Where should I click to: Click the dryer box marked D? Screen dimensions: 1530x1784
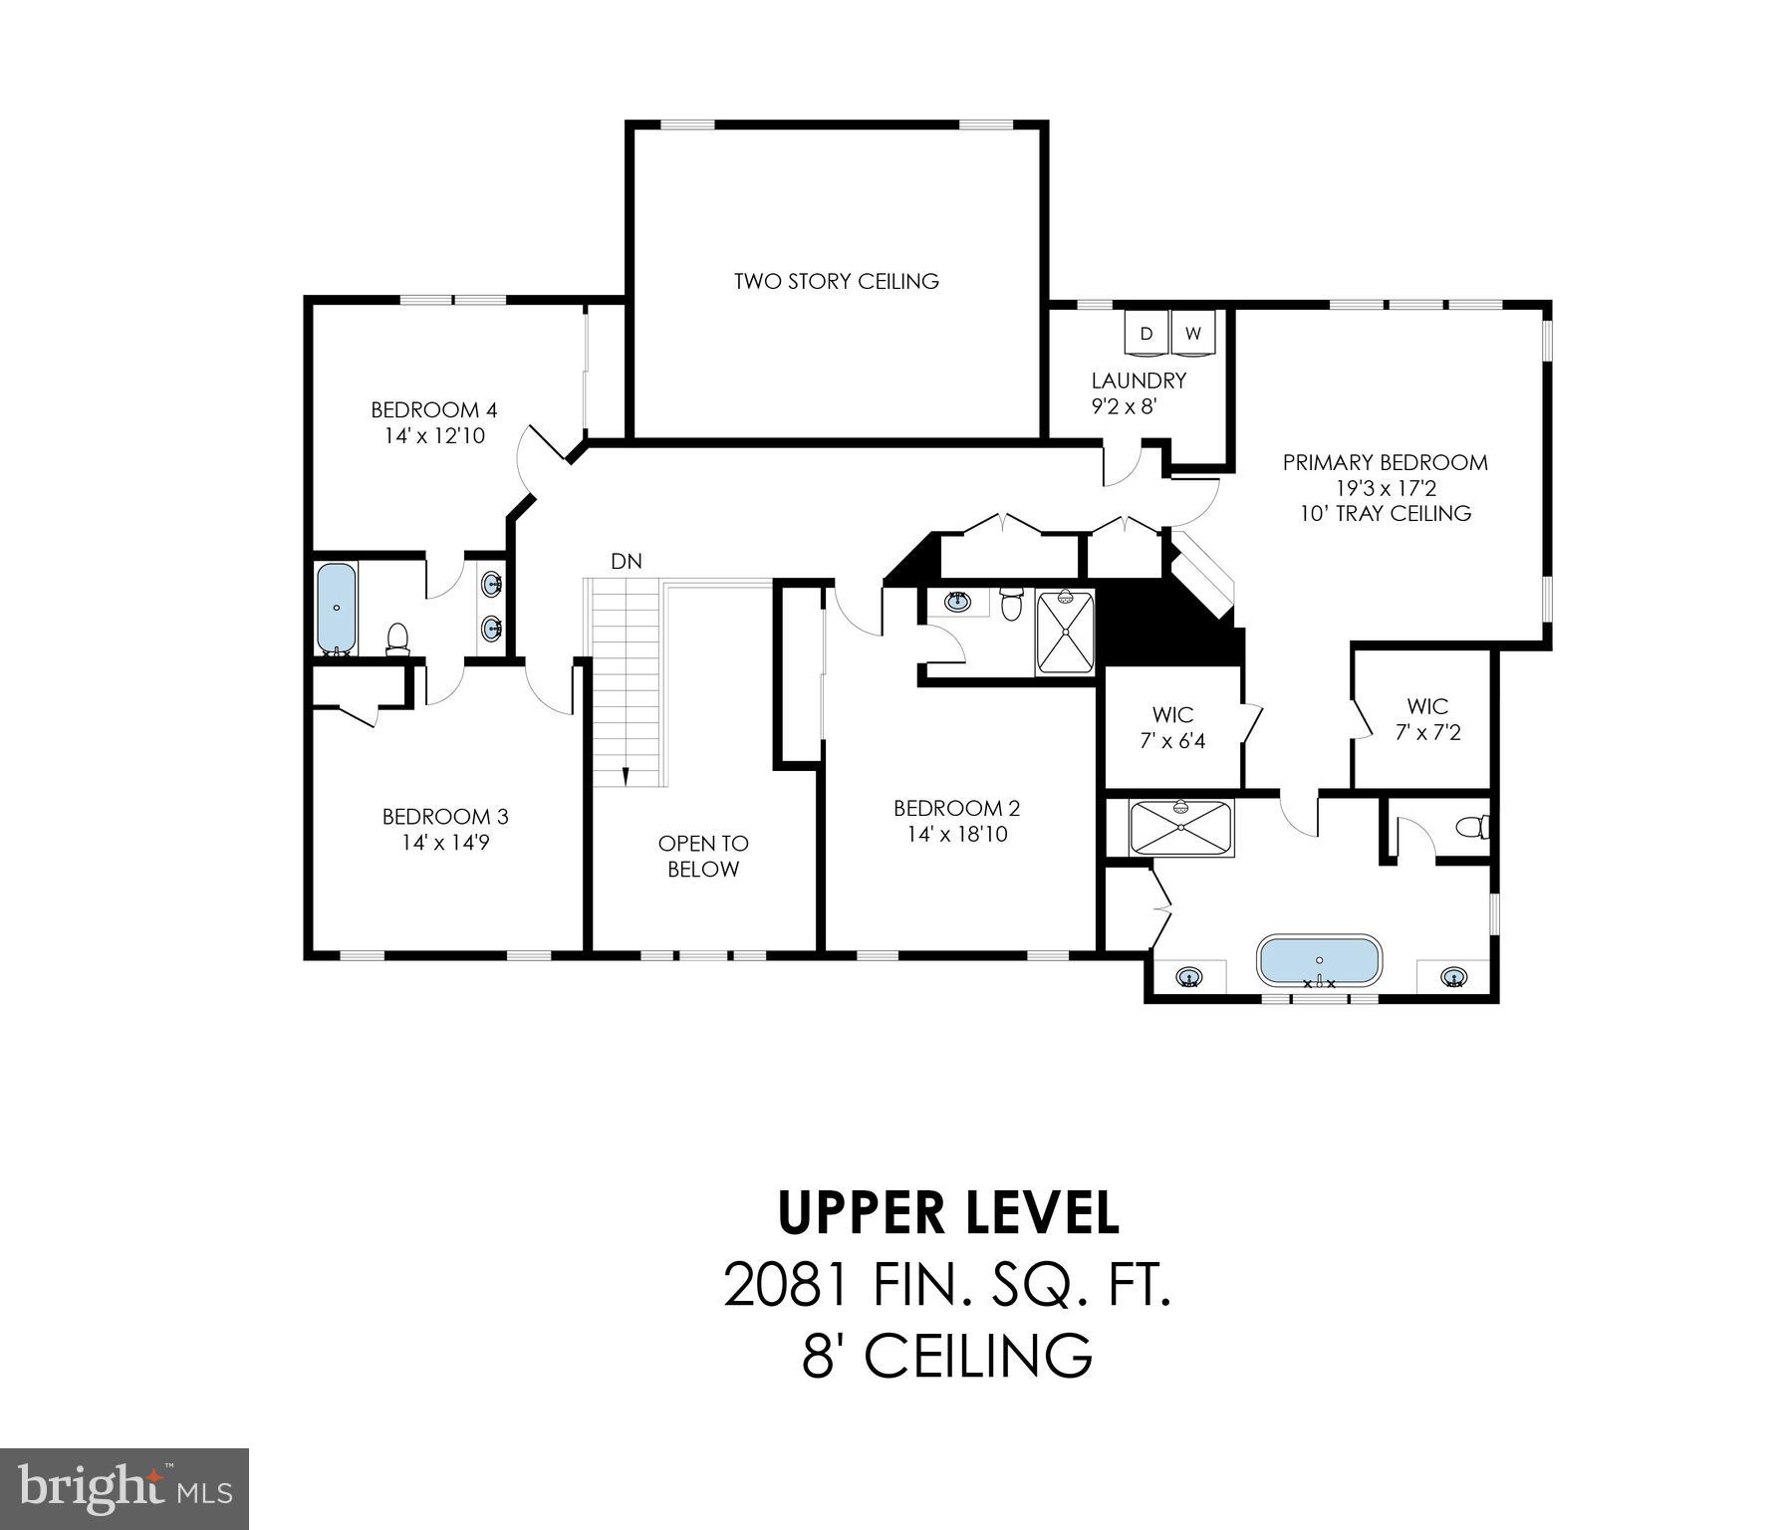1146,334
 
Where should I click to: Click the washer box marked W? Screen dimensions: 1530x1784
1192,334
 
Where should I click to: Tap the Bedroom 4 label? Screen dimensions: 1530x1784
433,410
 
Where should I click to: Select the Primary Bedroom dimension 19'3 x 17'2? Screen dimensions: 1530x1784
1385,488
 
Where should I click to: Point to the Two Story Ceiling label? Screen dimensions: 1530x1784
836,281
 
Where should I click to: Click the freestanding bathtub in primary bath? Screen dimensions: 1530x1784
1319,960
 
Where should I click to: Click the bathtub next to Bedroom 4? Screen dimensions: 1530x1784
337,607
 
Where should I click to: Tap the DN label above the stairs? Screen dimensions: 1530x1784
627,562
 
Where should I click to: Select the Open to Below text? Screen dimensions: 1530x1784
702,857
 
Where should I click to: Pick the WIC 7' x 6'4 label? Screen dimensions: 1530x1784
1172,728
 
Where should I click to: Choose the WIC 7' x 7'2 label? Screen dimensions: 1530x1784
1426,719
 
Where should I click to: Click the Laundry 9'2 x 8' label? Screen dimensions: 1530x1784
1138,393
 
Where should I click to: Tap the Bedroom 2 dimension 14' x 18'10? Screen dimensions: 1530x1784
956,835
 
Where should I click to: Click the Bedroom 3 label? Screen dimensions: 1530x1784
445,817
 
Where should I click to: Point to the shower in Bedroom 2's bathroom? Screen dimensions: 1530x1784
1065,632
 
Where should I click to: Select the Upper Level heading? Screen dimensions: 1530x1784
947,1213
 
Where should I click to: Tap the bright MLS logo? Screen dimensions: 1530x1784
124,1488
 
